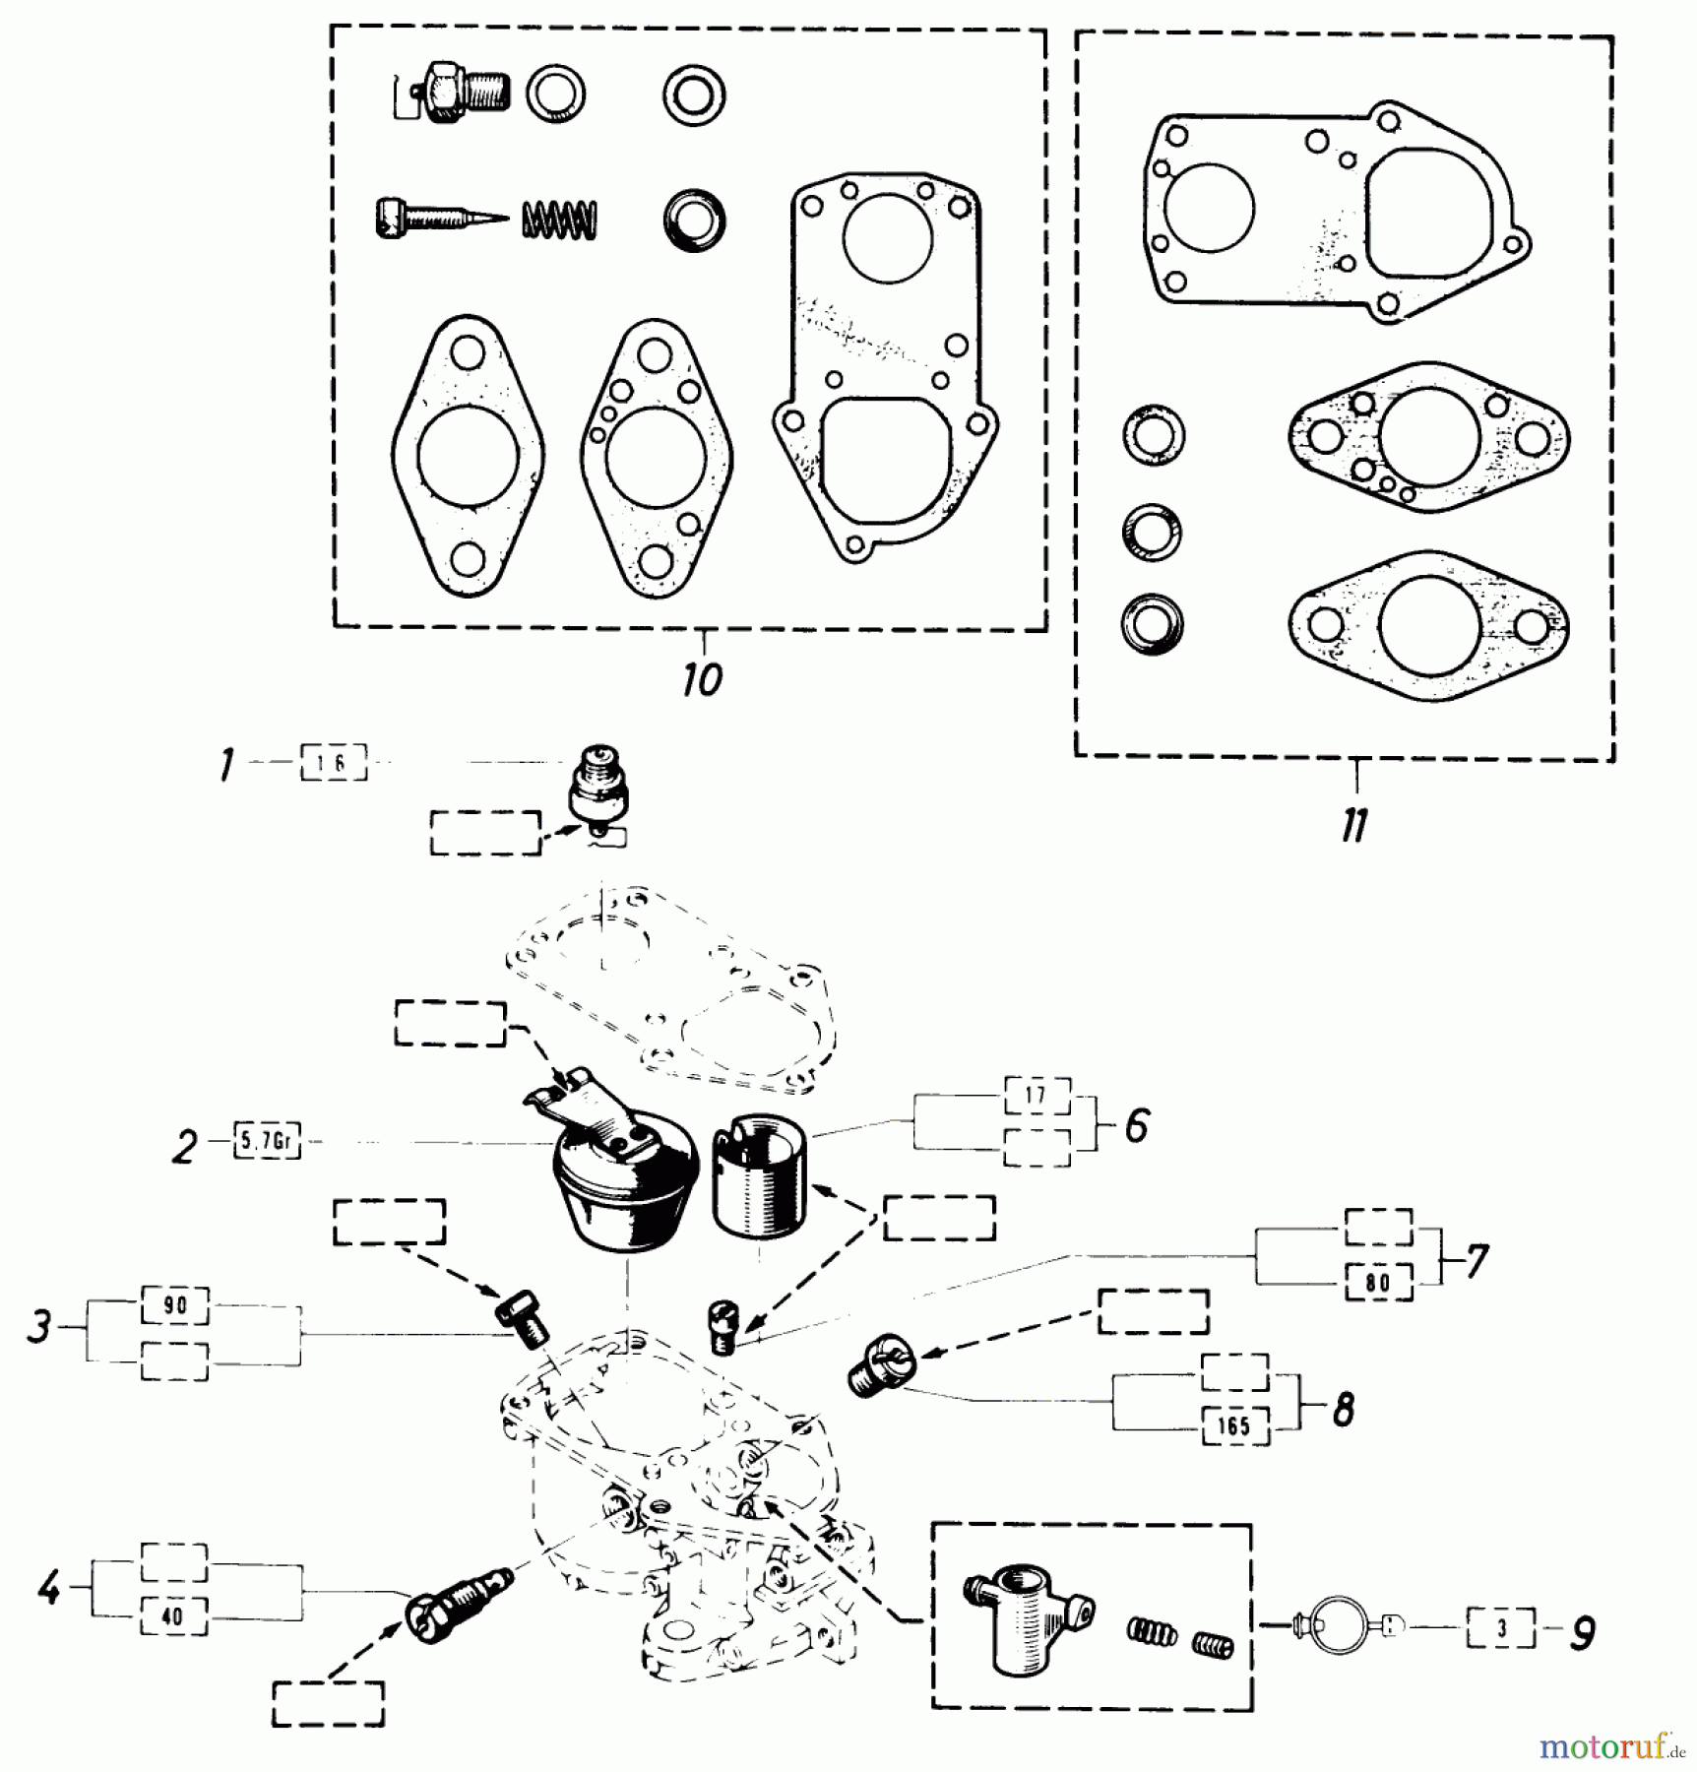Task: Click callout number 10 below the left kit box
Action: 702,679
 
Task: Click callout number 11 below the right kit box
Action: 1355,825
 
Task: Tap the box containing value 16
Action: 334,763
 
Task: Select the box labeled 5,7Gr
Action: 267,1143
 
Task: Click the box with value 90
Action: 174,1305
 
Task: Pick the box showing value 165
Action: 1235,1426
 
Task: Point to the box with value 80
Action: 1378,1283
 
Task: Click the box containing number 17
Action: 1037,1095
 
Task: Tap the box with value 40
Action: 173,1616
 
